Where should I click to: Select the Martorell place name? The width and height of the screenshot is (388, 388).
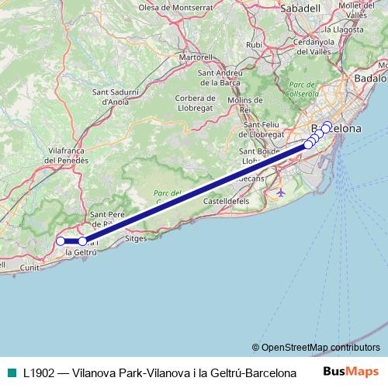196,57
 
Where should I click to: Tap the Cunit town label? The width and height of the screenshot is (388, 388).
29,267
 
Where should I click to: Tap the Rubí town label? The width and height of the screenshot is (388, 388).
254,45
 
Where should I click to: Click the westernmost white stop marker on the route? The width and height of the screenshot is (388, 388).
62,241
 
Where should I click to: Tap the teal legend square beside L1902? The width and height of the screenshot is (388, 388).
11,372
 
